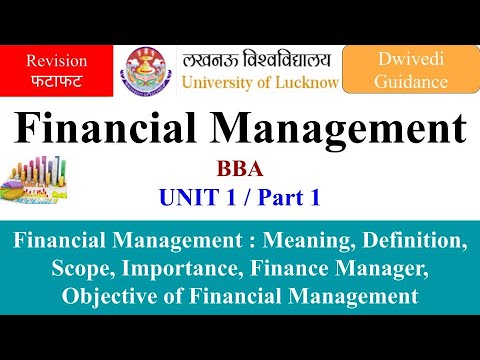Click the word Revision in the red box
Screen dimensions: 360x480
[56, 60]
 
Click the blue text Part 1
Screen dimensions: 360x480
[287, 198]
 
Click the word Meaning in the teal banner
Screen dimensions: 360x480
[300, 240]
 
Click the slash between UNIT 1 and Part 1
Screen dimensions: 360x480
[244, 198]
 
